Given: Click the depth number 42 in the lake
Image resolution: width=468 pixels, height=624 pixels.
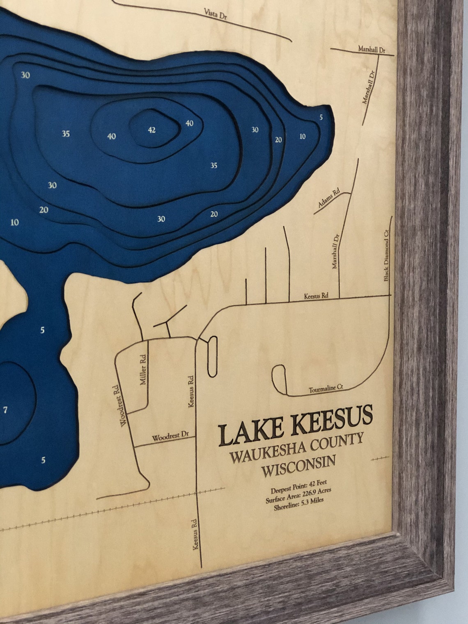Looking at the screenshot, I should click(x=151, y=130).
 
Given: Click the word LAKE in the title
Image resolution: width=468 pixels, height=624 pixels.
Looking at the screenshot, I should click(x=250, y=432).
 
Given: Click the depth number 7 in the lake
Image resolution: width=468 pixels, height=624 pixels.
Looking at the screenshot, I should click(x=5, y=410).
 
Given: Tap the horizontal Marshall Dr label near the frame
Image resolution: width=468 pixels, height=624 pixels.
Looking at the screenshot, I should click(x=372, y=49).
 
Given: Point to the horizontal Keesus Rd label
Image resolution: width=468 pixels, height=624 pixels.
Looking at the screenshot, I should click(x=316, y=296).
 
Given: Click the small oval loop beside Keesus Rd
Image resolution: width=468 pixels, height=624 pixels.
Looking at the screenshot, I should click(x=212, y=356).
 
